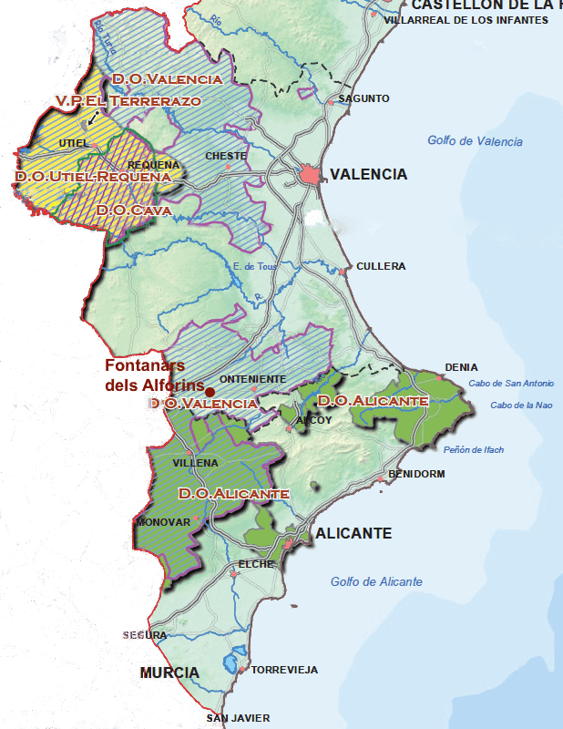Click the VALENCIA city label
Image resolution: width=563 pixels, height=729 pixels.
[368, 174]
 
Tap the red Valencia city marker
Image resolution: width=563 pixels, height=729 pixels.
[312, 175]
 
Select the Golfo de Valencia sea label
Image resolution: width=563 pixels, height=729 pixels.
[475, 141]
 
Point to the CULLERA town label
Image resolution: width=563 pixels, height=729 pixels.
[381, 266]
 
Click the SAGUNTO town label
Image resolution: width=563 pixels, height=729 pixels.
[363, 98]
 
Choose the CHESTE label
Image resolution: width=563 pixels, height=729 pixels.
[226, 156]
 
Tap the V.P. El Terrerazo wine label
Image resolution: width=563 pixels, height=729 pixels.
[128, 100]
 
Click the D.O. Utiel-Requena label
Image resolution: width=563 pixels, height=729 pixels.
[93, 176]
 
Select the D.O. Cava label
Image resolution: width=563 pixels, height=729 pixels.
[134, 210]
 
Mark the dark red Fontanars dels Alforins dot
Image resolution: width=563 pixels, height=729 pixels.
[210, 391]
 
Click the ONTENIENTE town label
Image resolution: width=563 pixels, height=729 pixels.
[253, 379]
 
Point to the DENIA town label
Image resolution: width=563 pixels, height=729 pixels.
[461, 367]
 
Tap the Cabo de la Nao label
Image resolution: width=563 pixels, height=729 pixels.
[519, 406]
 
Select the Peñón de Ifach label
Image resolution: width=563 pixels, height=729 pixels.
[473, 450]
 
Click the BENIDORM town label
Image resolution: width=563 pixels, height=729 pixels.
[416, 474]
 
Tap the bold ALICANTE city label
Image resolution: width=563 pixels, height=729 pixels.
[353, 533]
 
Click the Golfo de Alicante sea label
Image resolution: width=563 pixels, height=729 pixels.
[376, 581]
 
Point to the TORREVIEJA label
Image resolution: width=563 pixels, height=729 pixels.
[284, 670]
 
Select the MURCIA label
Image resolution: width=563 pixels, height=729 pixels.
[169, 673]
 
